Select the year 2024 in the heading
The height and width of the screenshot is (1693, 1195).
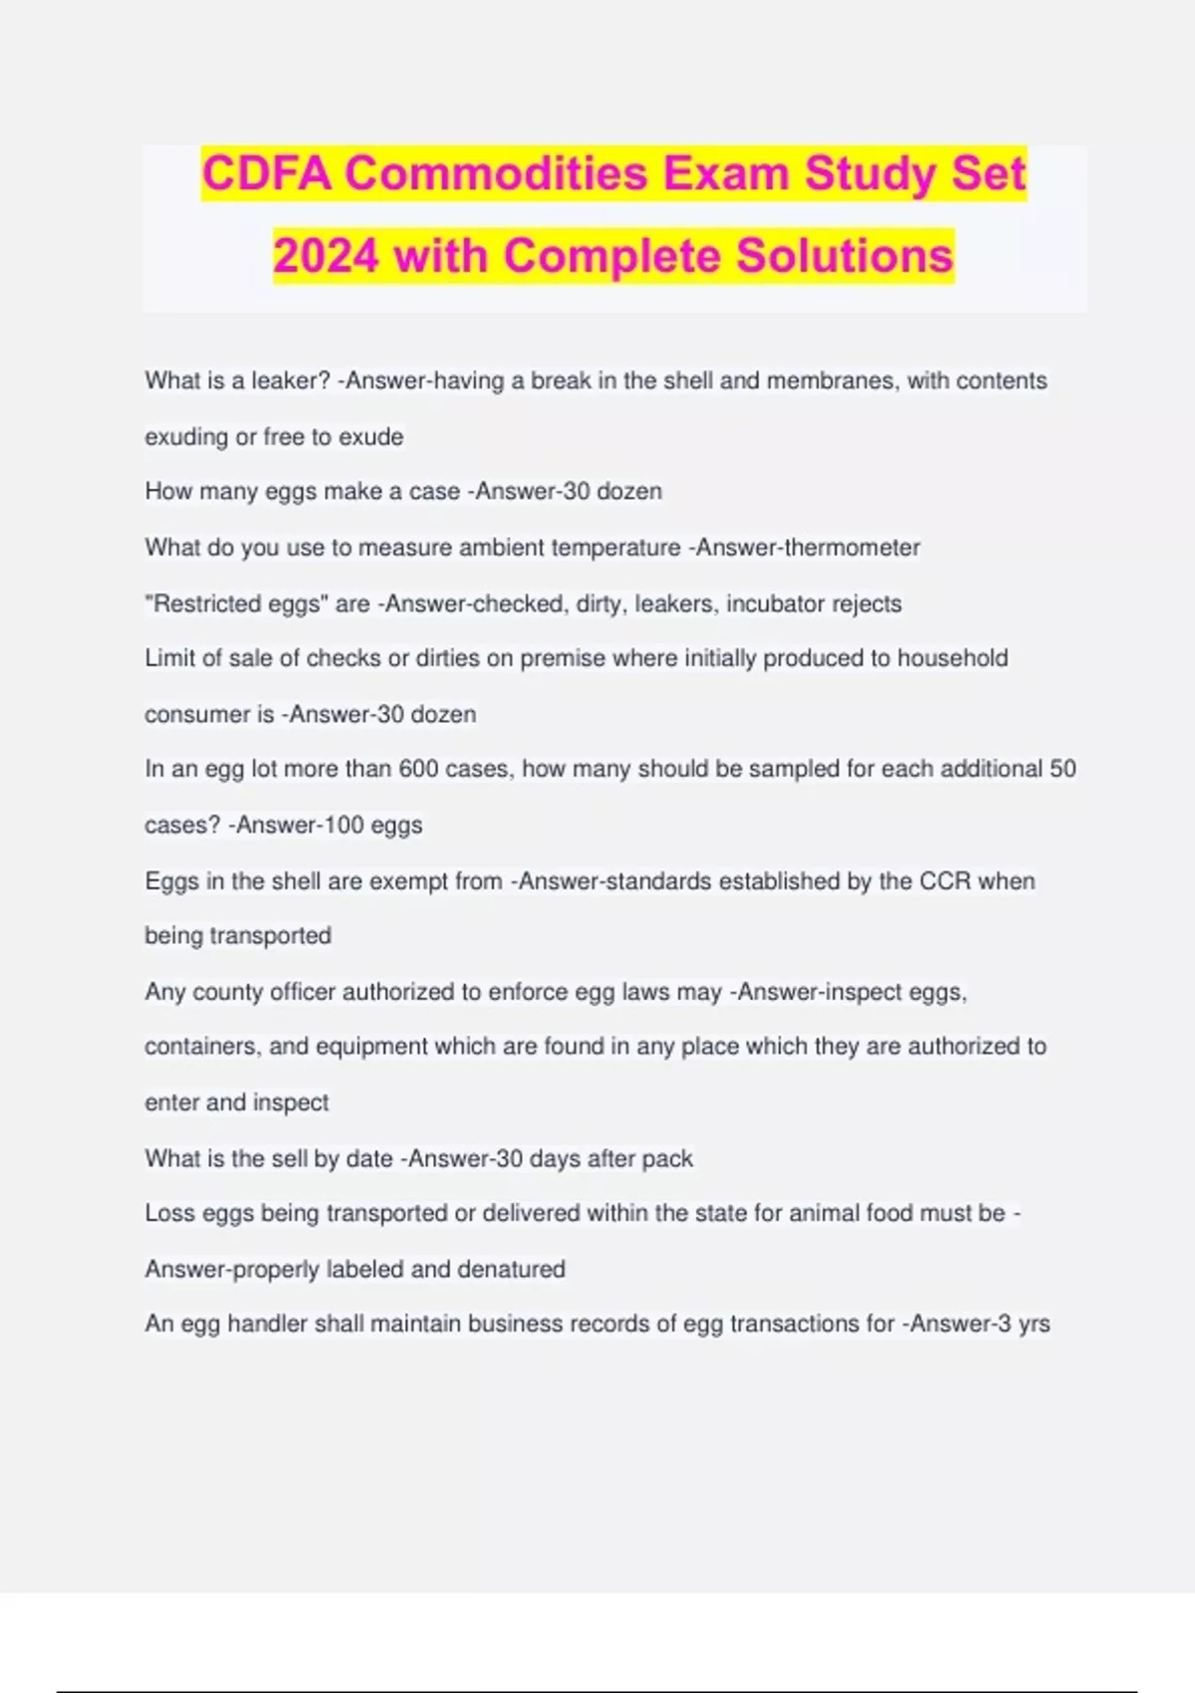(326, 256)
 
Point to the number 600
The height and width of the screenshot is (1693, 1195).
(419, 769)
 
